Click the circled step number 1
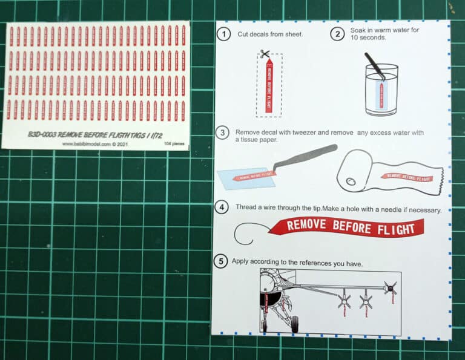tap(224, 34)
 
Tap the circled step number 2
tap(337, 34)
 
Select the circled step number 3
tap(223, 133)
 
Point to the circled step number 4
tap(223, 208)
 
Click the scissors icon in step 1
tap(265, 54)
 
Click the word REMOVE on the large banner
tap(307, 226)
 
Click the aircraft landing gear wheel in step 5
tap(294, 323)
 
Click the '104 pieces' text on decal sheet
tap(174, 145)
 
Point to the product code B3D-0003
tap(41, 134)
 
